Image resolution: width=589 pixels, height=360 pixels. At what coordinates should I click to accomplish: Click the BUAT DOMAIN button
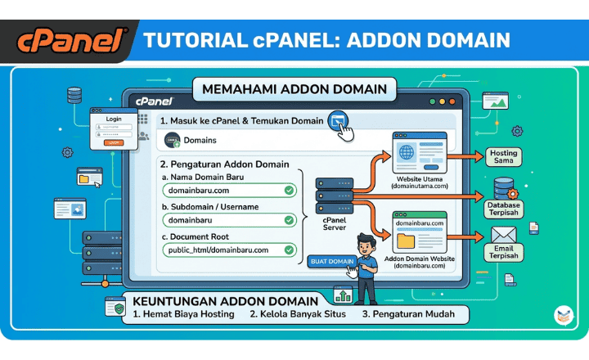(x=331, y=262)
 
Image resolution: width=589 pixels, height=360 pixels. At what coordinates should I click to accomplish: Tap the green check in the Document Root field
(x=289, y=250)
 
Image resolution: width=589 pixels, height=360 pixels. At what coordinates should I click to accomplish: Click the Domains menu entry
(x=200, y=141)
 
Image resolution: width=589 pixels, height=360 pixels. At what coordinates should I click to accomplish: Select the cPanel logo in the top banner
(x=72, y=39)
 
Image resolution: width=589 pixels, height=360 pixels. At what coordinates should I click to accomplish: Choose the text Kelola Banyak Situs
(x=298, y=313)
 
